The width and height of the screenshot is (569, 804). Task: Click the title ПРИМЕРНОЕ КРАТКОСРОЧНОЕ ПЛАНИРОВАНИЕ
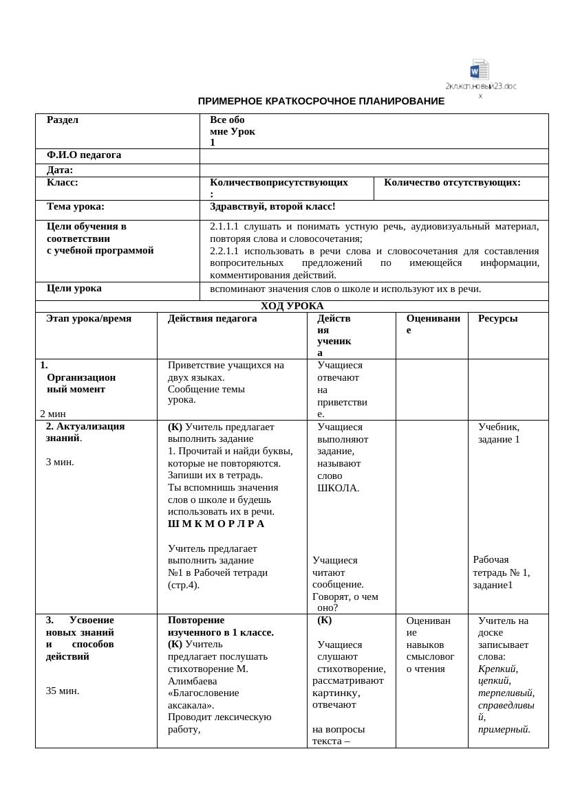pyautogui.click(x=321, y=101)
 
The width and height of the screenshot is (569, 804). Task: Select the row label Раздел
pyautogui.click(x=63, y=120)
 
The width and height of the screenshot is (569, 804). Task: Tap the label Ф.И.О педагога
pyautogui.click(x=84, y=155)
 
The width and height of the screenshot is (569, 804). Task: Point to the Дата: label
pyautogui.click(x=60, y=170)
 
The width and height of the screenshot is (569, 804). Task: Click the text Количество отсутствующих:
pyautogui.click(x=452, y=183)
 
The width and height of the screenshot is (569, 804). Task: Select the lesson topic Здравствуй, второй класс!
pyautogui.click(x=272, y=206)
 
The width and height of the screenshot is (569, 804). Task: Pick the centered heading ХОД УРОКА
pyautogui.click(x=292, y=306)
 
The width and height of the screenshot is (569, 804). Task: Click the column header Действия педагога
pyautogui.click(x=212, y=319)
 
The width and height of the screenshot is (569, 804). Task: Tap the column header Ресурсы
pyautogui.click(x=497, y=319)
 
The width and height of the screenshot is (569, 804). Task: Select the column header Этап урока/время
pyautogui.click(x=89, y=319)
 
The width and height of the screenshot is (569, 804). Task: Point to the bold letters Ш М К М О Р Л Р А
pyautogui.click(x=216, y=524)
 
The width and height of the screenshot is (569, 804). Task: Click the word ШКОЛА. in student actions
pyautogui.click(x=338, y=488)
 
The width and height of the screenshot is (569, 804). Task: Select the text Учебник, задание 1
pyautogui.click(x=499, y=433)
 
